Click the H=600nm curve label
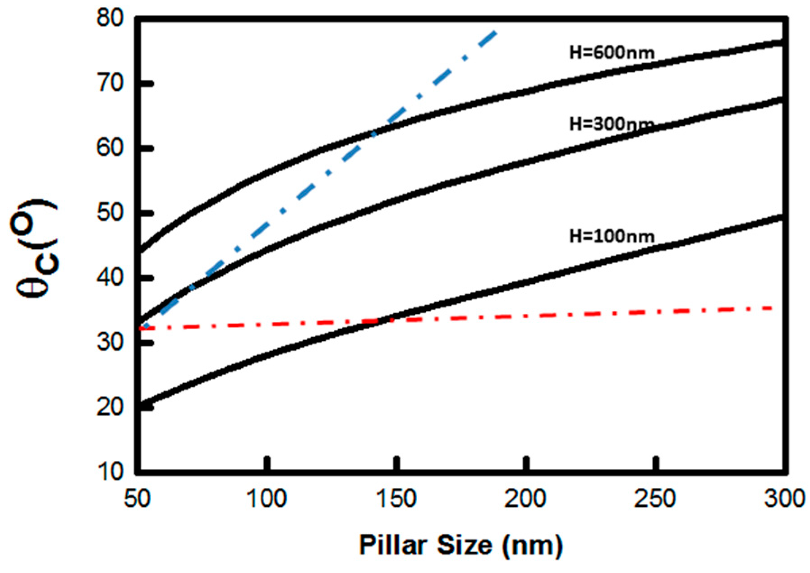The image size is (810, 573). coord(611,53)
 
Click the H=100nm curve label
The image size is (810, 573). coord(611,236)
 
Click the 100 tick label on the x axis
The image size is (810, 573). coord(268,500)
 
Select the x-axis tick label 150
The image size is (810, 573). coord(397,500)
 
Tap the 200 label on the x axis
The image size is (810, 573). coord(526,500)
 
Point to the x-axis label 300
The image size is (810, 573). coord(784,500)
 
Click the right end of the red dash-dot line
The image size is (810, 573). coord(773,308)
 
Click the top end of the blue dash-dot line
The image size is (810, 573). coord(495,32)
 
